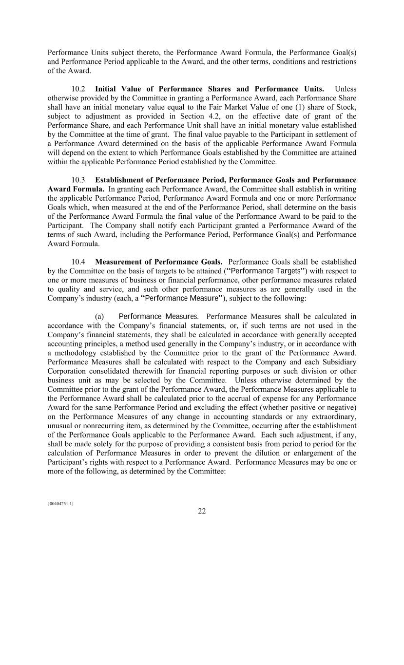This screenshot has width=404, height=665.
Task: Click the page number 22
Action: (x=202, y=511)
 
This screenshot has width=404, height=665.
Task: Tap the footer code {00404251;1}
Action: (x=60, y=503)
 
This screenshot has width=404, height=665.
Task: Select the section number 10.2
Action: (x=78, y=89)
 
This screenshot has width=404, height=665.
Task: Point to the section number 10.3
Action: (x=78, y=180)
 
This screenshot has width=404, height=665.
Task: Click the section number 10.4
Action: (x=78, y=262)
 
